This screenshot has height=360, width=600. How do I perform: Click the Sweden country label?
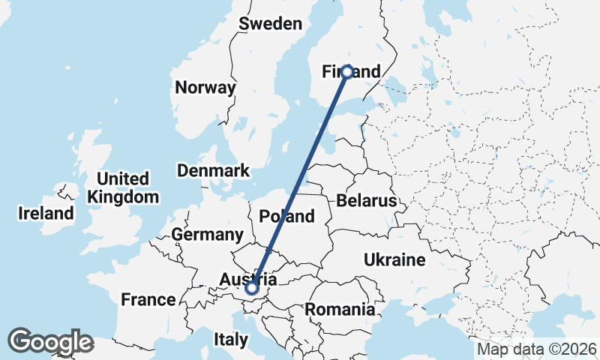pyautogui.click(x=270, y=24)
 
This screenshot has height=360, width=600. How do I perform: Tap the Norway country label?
pyautogui.click(x=205, y=88)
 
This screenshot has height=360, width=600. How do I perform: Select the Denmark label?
pyautogui.click(x=213, y=171)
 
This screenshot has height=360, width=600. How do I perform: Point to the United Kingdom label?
pyautogui.click(x=123, y=188)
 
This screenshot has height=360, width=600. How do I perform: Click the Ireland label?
pyautogui.click(x=46, y=214)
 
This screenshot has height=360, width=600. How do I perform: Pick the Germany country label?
pyautogui.click(x=207, y=235)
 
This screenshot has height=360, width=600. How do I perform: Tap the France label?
pyautogui.click(x=148, y=300)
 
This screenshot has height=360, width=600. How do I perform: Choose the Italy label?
pyautogui.click(x=230, y=339)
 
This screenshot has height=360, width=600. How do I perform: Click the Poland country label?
pyautogui.click(x=286, y=217)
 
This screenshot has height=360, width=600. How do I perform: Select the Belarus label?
pyautogui.click(x=366, y=201)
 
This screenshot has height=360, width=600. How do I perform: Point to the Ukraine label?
pyautogui.click(x=394, y=260)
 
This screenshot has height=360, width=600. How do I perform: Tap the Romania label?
pyautogui.click(x=340, y=309)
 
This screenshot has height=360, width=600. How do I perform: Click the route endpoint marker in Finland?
pyautogui.click(x=347, y=72)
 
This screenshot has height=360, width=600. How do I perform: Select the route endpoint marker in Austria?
pyautogui.click(x=252, y=287)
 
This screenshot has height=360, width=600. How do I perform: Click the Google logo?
pyautogui.click(x=50, y=342)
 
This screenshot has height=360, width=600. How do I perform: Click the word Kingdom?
pyautogui.click(x=123, y=197)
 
